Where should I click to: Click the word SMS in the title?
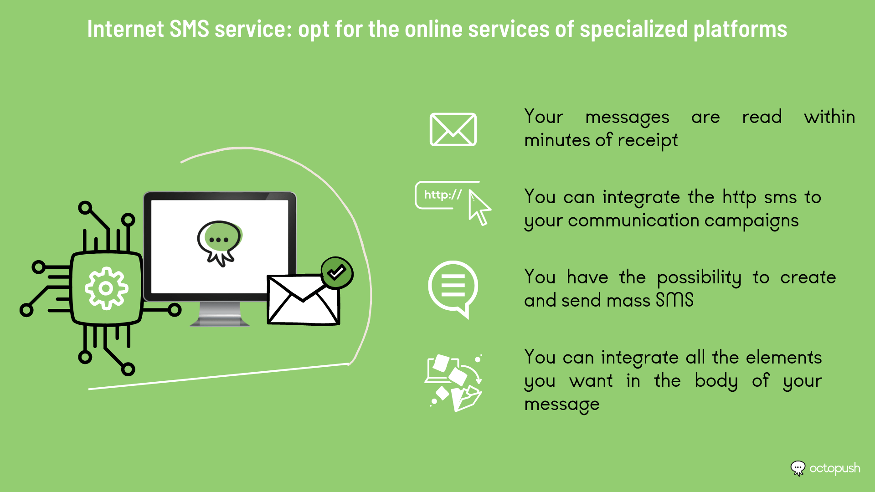pos(189,29)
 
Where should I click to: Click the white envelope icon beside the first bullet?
pos(453,129)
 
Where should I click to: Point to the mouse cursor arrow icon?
pos(479,208)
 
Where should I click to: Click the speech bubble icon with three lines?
pos(453,289)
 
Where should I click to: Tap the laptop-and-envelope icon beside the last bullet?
pos(454,383)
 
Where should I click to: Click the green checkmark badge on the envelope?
pos(337,273)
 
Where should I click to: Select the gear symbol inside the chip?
pos(106,288)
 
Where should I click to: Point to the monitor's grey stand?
pos(220,314)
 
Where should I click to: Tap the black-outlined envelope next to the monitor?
pos(303,299)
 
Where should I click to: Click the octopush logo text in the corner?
pos(834,469)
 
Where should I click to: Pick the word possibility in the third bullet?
pos(699,277)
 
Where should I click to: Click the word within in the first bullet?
pos(829,117)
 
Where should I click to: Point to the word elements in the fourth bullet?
pos(784,357)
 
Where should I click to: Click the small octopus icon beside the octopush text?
pos(798,468)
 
